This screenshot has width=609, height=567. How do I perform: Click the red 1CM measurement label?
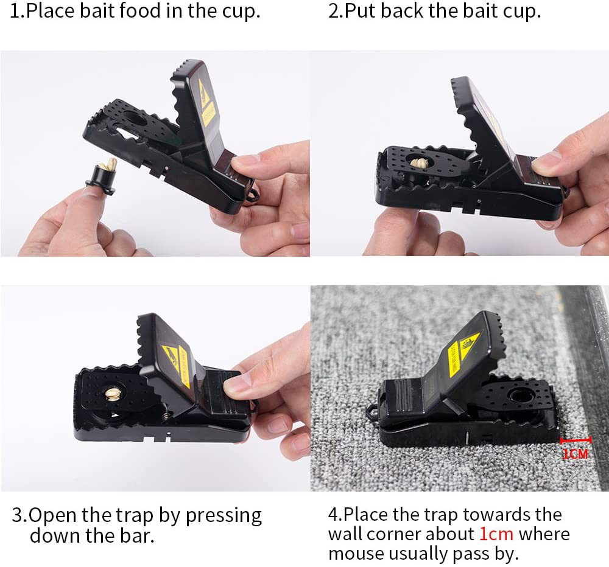(575, 453)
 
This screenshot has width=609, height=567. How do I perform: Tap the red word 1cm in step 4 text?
(496, 534)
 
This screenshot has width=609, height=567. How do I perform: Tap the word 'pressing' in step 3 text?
(224, 515)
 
